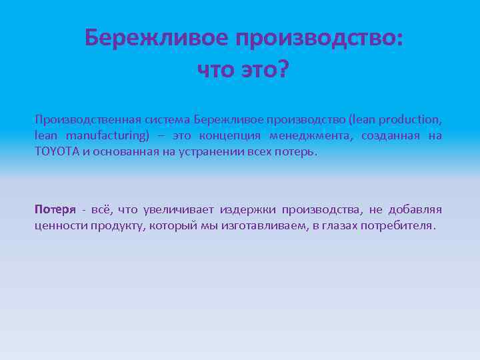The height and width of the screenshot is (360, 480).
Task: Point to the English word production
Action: tap(405, 119)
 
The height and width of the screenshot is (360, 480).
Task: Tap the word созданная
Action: tap(391, 135)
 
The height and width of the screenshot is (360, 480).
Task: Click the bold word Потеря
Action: tap(55, 209)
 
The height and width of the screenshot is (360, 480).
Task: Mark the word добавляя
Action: tap(415, 209)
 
